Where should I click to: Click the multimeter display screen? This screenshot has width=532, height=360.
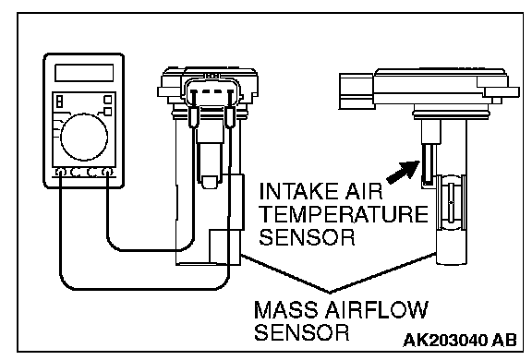pyautogui.click(x=84, y=73)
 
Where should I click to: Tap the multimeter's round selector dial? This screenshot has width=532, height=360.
pyautogui.click(x=84, y=137)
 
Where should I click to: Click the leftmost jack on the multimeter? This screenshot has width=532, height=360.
pyautogui.click(x=60, y=173)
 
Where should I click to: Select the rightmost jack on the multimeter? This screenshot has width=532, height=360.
pyautogui.click(x=107, y=173)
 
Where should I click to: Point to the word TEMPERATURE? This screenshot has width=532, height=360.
pyautogui.click(x=344, y=214)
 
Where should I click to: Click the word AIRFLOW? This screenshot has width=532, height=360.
pyautogui.click(x=376, y=309)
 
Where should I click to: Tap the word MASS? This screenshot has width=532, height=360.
pyautogui.click(x=286, y=309)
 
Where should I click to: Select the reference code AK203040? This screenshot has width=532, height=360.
pyautogui.click(x=444, y=340)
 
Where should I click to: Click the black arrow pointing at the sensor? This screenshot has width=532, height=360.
pyautogui.click(x=404, y=173)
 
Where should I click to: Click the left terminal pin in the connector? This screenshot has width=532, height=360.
pyautogui.click(x=194, y=92)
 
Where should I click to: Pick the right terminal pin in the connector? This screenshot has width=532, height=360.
pyautogui.click(x=230, y=92)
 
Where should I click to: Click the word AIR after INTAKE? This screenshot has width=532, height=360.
pyautogui.click(x=365, y=191)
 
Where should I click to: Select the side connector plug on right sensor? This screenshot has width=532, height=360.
pyautogui.click(x=357, y=90)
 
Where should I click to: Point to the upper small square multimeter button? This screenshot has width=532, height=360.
pyautogui.click(x=107, y=100)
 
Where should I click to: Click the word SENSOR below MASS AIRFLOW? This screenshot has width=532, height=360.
pyautogui.click(x=302, y=332)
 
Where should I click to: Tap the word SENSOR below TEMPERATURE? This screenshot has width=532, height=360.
pyautogui.click(x=307, y=236)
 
